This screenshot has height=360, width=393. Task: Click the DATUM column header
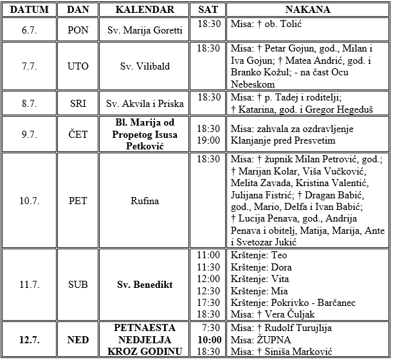point(29,10)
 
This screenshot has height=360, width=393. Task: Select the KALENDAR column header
point(145,10)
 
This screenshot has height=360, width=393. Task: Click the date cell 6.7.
point(29,30)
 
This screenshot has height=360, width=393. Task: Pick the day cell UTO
point(78,66)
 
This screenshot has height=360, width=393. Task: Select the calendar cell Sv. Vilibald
point(145,66)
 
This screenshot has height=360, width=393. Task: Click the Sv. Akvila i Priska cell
point(145,103)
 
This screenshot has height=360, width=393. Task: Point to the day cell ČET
point(78,133)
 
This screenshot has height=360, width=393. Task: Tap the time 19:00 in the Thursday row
point(209,140)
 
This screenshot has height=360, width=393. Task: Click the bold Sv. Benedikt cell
point(145,284)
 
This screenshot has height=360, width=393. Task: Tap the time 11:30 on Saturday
point(209,267)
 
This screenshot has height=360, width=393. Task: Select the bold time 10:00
point(209,339)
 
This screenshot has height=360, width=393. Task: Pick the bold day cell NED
point(78,339)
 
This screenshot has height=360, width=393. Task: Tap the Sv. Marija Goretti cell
point(145,30)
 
